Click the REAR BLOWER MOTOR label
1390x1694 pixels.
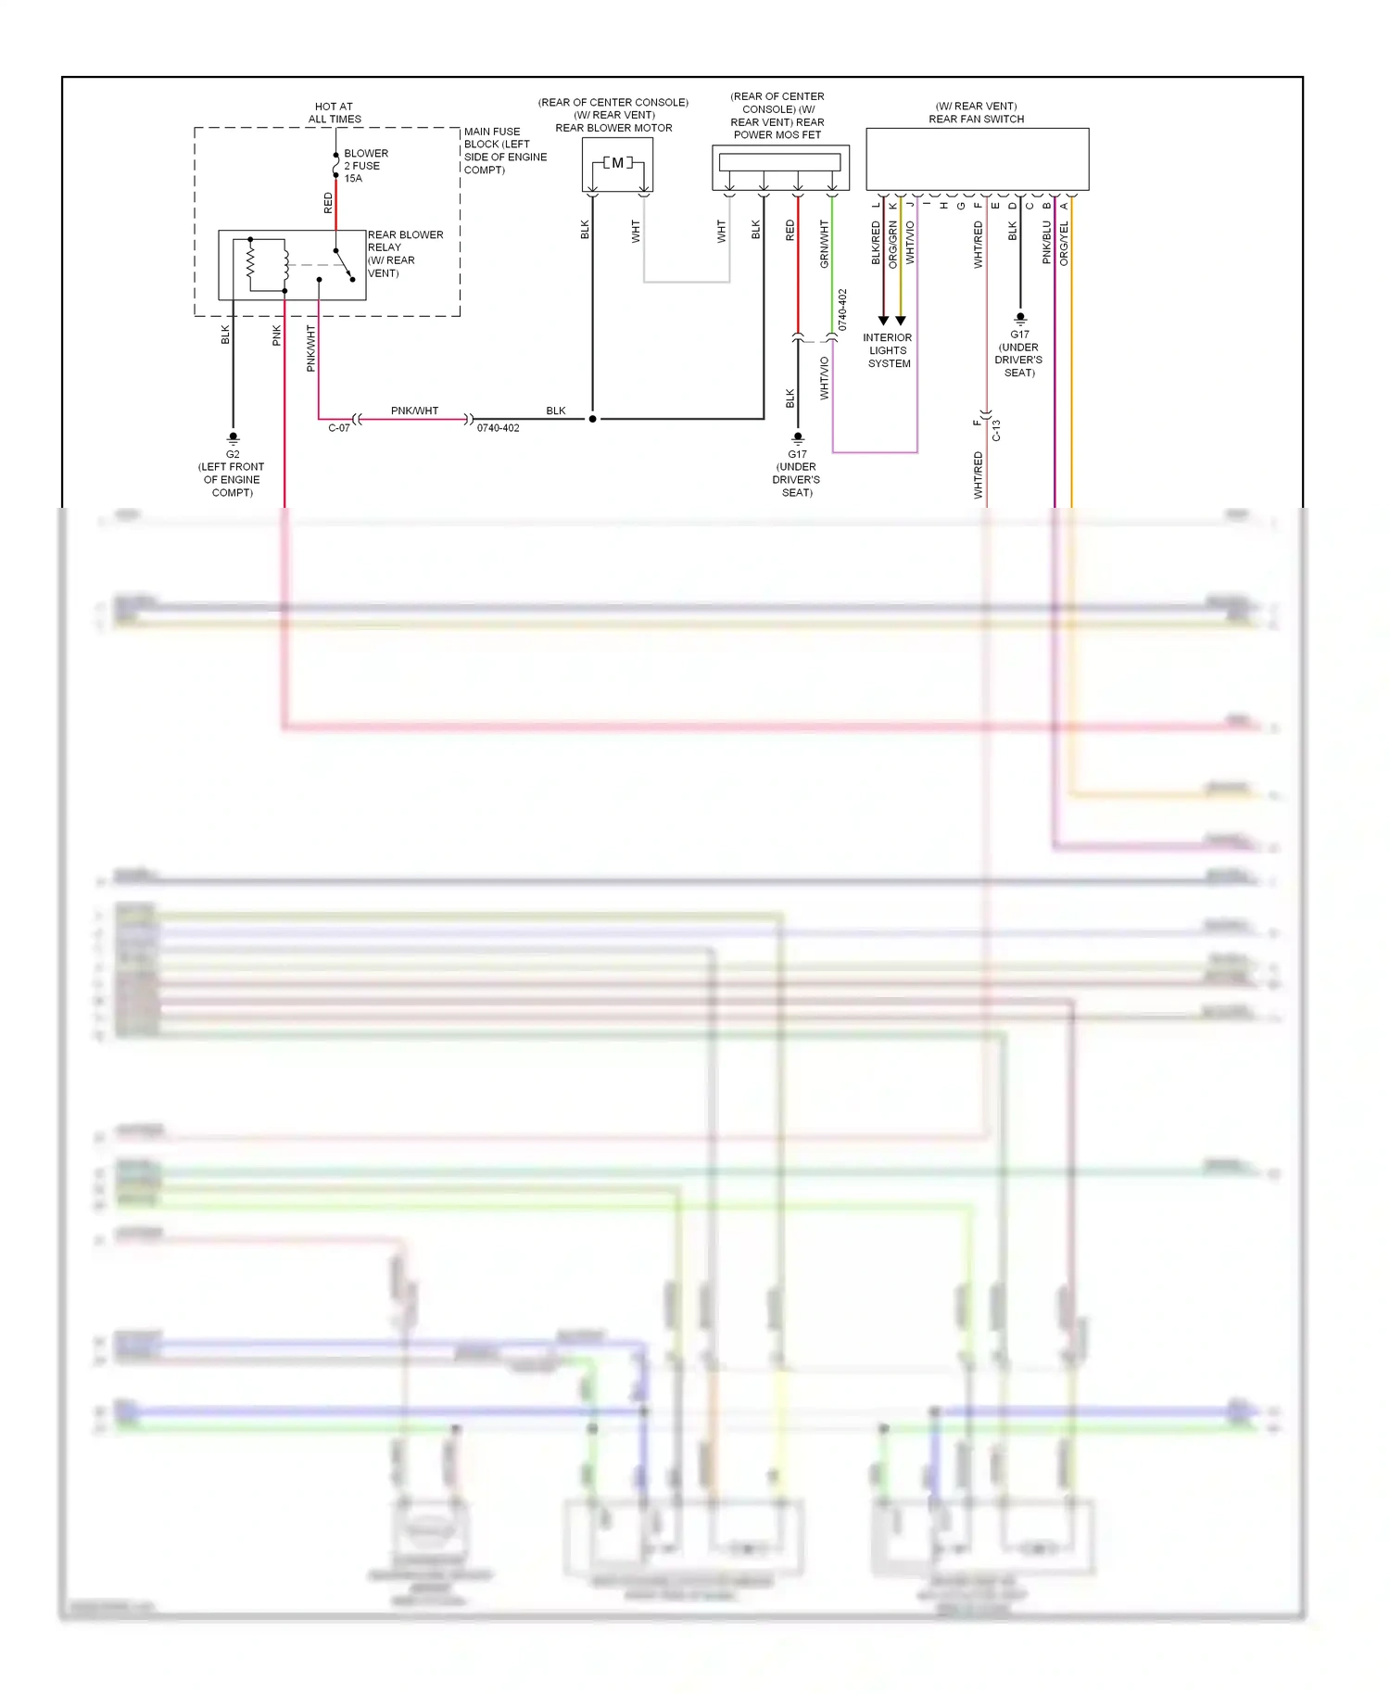click(x=613, y=128)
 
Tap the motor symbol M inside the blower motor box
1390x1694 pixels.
click(x=618, y=163)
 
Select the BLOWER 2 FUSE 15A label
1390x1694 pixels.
click(x=365, y=166)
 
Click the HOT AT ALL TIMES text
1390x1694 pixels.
click(x=335, y=113)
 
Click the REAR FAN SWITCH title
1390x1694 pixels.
click(x=976, y=119)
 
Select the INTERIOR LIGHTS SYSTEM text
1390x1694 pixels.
click(x=888, y=350)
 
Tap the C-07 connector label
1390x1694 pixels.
click(x=339, y=428)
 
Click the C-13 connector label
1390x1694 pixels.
click(x=997, y=430)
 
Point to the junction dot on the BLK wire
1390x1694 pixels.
click(x=593, y=419)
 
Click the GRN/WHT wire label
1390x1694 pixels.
click(x=824, y=244)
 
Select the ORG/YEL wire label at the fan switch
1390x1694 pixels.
click(x=1064, y=243)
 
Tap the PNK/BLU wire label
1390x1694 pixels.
click(x=1047, y=242)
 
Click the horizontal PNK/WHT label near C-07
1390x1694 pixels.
click(x=414, y=411)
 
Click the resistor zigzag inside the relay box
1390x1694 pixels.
click(x=250, y=263)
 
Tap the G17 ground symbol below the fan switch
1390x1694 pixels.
click(x=1020, y=318)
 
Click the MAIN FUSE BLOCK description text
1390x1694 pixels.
click(x=504, y=150)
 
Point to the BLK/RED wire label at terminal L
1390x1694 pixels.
click(x=876, y=243)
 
